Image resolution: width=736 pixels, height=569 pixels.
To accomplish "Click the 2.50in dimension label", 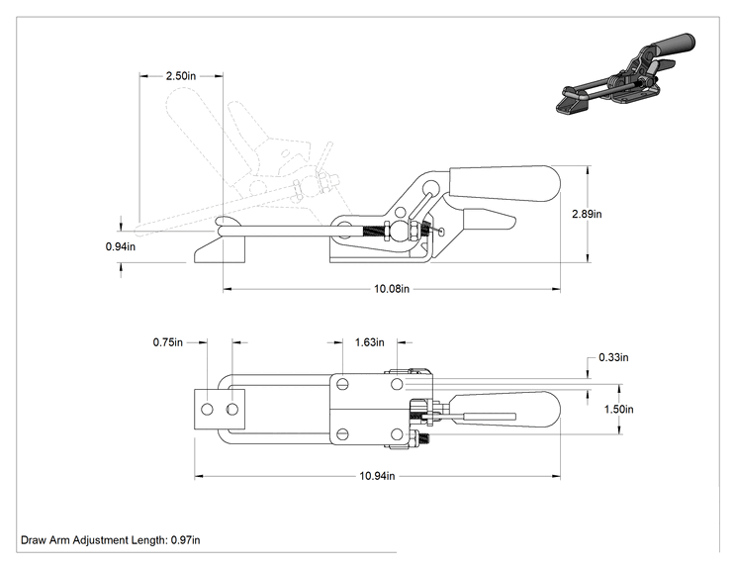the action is click(x=181, y=75).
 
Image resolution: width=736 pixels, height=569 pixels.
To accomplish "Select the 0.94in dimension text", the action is click(x=120, y=246).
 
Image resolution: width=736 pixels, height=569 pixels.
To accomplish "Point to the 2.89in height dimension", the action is click(x=587, y=214).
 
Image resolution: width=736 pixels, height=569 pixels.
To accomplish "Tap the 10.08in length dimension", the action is click(x=392, y=289).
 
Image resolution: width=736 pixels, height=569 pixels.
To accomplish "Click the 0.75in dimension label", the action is click(x=167, y=342).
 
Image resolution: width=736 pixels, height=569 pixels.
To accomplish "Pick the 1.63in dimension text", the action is click(x=369, y=342).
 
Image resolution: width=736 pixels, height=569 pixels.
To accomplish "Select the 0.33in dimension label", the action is click(x=613, y=357).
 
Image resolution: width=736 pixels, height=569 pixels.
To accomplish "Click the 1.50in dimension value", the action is click(x=618, y=410).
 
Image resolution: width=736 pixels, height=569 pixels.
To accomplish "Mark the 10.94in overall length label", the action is click(x=377, y=476).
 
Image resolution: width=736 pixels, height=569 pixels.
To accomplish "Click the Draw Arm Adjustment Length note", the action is click(x=111, y=540).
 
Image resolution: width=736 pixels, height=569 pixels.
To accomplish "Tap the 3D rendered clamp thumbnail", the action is click(x=625, y=73).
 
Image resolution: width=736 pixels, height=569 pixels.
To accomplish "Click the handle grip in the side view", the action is click(x=506, y=183).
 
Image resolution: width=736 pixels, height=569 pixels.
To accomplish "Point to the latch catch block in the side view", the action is click(x=221, y=250).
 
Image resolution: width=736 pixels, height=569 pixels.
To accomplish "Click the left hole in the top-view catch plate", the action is click(x=207, y=410).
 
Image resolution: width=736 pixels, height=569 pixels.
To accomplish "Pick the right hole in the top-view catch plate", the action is click(x=231, y=410).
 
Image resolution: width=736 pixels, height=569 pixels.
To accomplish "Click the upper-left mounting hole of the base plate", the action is click(x=342, y=385).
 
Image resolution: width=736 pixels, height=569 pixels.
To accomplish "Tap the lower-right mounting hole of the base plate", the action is click(x=397, y=434).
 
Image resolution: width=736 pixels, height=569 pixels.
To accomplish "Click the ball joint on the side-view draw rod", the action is click(x=400, y=231).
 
